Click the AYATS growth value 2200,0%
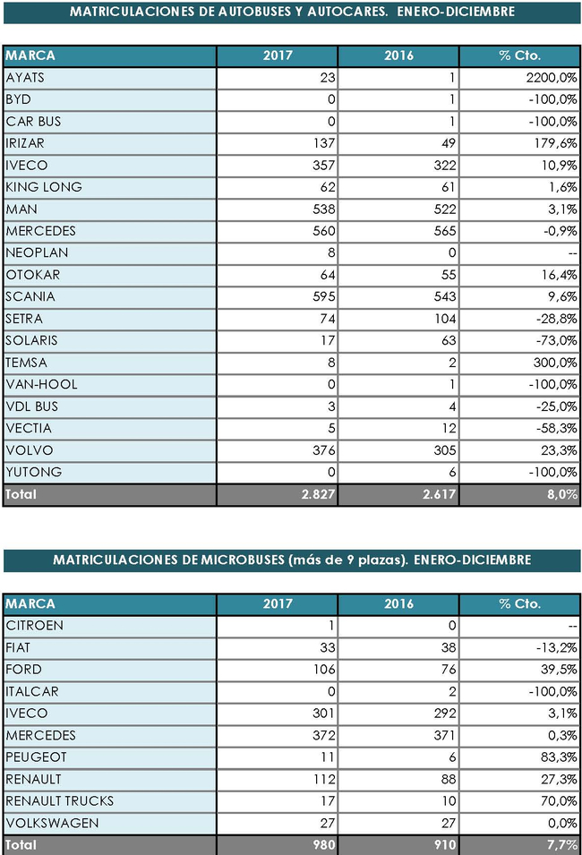tap(552, 78)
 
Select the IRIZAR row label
tap(25, 143)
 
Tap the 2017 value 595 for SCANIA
tap(324, 296)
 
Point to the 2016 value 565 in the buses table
tap(445, 231)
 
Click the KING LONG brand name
tap(44, 187)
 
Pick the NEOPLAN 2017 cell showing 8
tap(331, 253)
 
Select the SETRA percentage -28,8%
tap(556, 319)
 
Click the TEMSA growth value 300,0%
tap(555, 363)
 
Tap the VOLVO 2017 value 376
tap(324, 450)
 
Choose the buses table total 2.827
tap(319, 494)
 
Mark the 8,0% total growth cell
tap(562, 494)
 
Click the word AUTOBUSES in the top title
tap(255, 12)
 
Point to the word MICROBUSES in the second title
tap(243, 560)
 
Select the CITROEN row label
tap(34, 626)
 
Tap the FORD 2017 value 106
tap(324, 670)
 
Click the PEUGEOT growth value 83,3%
tap(559, 757)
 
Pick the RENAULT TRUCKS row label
tap(59, 801)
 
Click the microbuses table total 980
tap(324, 844)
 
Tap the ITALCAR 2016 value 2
tap(452, 691)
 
